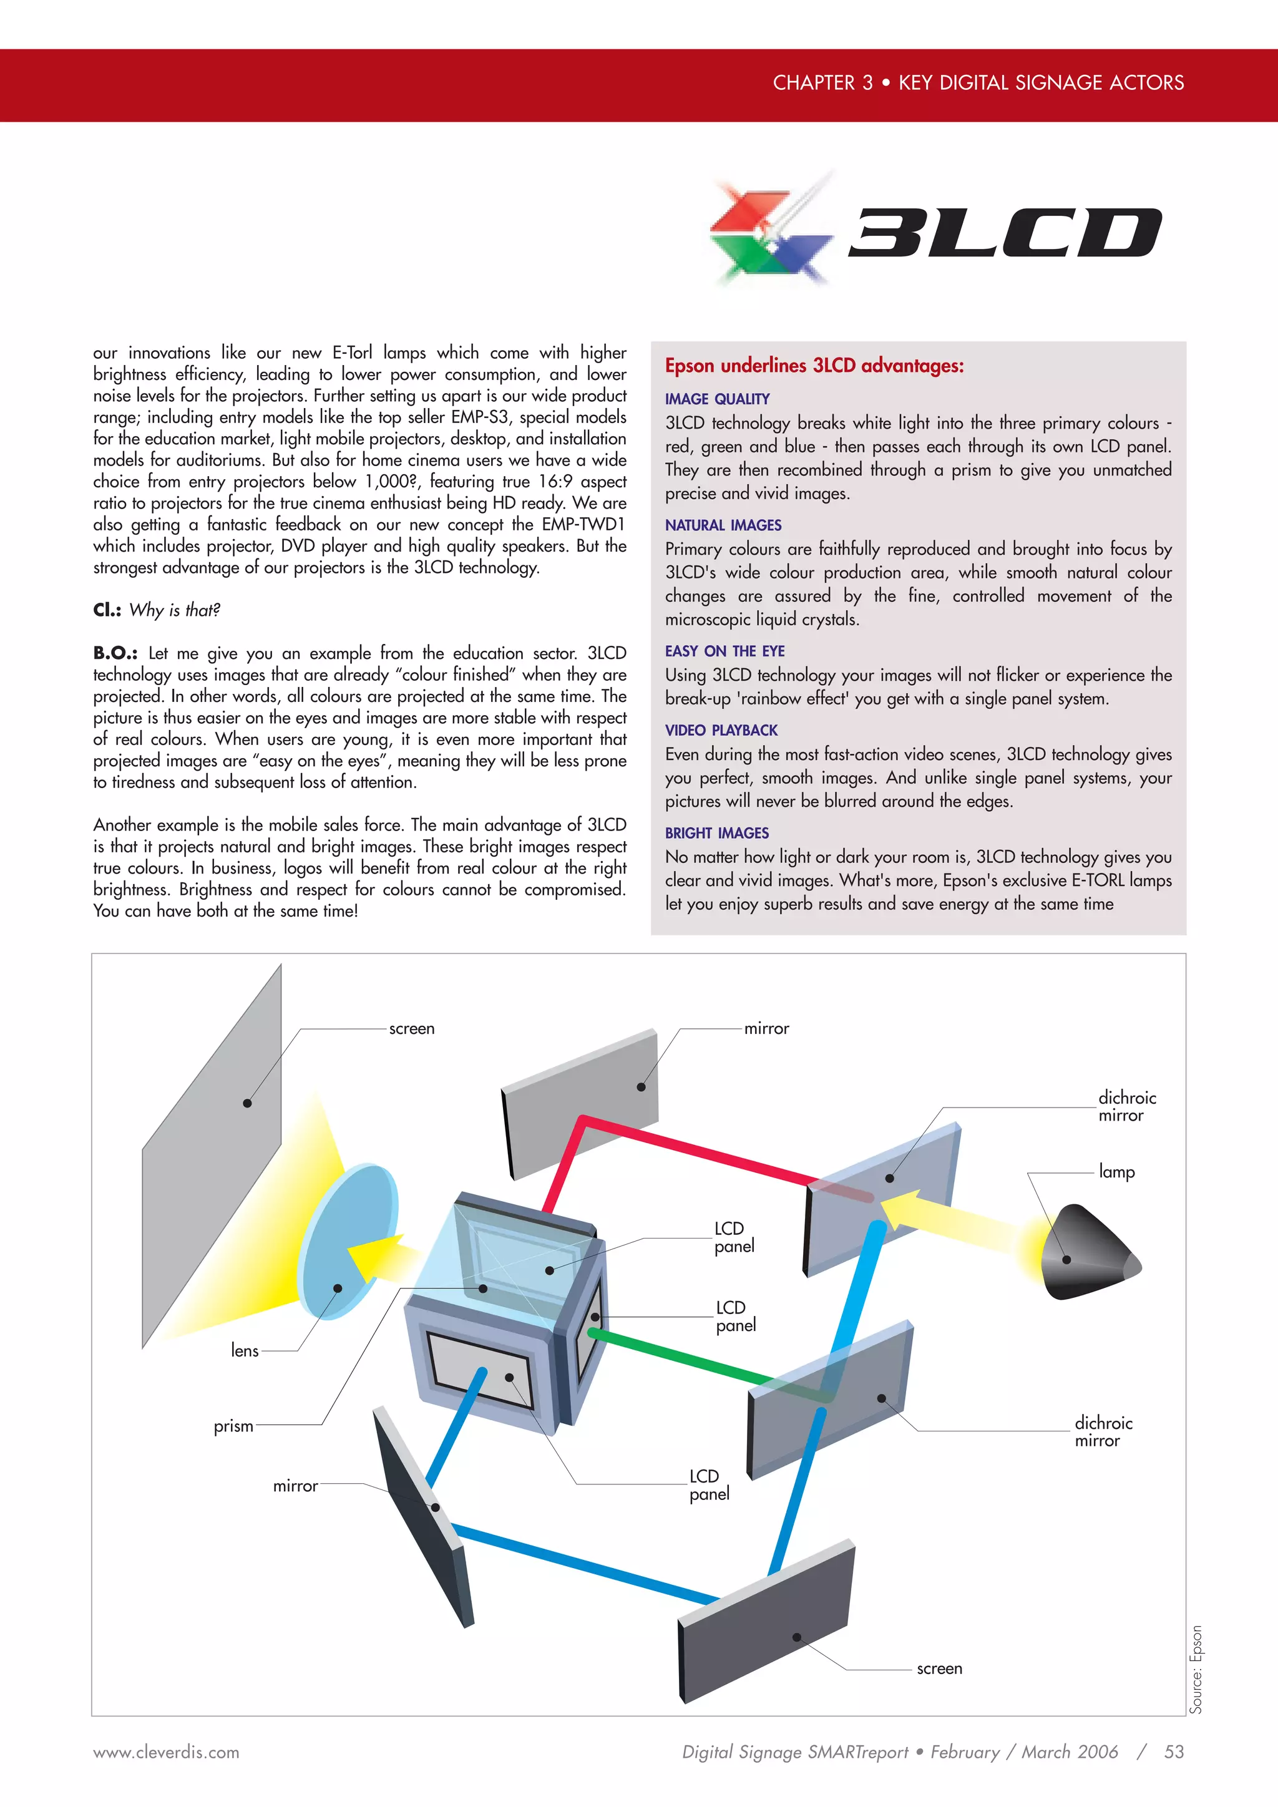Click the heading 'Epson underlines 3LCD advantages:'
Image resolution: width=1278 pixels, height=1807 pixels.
click(814, 366)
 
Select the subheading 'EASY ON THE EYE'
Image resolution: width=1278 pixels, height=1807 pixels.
click(724, 651)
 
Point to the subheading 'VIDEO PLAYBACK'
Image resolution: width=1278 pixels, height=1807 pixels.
click(721, 731)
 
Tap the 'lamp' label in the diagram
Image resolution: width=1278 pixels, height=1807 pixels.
click(1116, 1172)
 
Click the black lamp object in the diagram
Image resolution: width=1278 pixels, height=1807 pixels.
click(1086, 1253)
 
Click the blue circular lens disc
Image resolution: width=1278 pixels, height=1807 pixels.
click(346, 1240)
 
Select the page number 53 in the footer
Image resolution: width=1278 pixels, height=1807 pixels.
click(1174, 1752)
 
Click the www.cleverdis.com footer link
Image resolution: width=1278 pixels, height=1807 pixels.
click(166, 1753)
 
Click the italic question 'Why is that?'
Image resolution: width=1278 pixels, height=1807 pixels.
click(175, 611)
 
